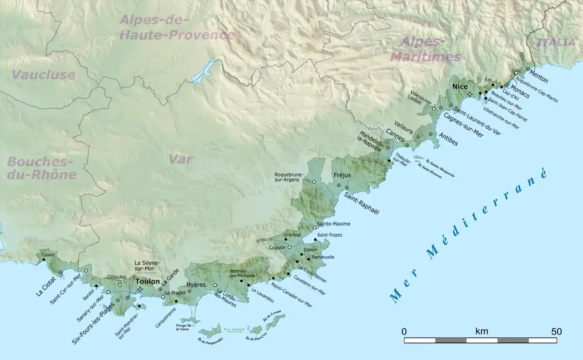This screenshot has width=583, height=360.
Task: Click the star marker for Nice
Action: click(x=470, y=94)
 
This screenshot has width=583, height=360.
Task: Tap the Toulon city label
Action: click(x=147, y=281)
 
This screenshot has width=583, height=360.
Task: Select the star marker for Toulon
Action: click(x=140, y=289)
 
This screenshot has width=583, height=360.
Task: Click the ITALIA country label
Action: click(x=555, y=42)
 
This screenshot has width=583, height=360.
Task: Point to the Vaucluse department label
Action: click(x=43, y=75)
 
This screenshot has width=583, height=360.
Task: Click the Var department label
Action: click(x=180, y=159)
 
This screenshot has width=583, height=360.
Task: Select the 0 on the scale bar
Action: click(x=404, y=331)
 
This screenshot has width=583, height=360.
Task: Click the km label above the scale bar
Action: click(x=481, y=331)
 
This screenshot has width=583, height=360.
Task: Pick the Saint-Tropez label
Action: click(x=329, y=235)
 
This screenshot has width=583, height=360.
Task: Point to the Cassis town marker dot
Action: click(x=44, y=259)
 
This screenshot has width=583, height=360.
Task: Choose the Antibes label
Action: click(x=448, y=139)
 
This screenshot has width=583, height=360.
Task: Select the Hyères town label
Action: click(x=196, y=284)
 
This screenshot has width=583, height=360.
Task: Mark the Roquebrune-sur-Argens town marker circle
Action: click(x=314, y=182)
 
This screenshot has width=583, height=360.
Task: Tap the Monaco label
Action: click(x=520, y=91)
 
